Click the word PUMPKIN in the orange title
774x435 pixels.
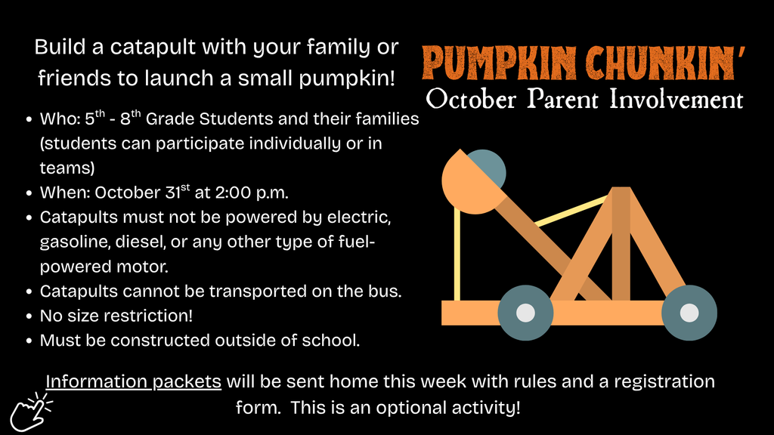[499, 63]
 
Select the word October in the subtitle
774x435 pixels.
[471, 100]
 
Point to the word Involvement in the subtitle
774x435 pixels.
[676, 99]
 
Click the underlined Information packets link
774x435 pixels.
[133, 381]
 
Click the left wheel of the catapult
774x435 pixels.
[525, 313]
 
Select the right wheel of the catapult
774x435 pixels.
[689, 313]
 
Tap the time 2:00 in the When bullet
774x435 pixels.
[233, 193]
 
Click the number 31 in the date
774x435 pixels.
[173, 193]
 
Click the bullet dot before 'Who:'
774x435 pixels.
[29, 119]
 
